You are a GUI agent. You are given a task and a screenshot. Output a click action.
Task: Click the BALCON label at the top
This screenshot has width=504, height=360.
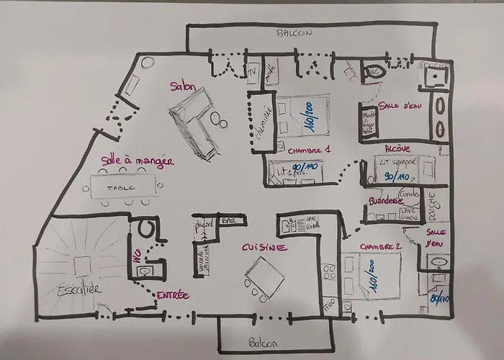pyautogui.click(x=295, y=33)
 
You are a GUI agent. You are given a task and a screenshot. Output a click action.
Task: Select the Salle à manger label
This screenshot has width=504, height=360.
pyautogui.click(x=137, y=162)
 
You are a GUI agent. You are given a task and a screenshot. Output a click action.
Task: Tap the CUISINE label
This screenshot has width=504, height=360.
pyautogui.click(x=264, y=248)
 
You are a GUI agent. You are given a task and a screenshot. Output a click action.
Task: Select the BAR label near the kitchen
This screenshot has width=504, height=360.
pyautogui.click(x=229, y=221)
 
